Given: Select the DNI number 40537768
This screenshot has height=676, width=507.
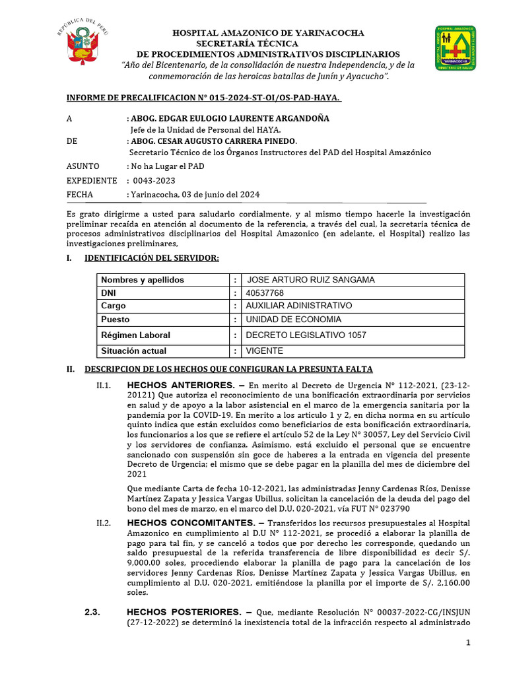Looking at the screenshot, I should tap(264, 292).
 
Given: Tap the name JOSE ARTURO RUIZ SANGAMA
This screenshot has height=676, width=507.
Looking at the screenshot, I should tap(310, 280).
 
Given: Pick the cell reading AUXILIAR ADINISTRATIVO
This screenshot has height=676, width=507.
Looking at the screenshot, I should tap(298, 306).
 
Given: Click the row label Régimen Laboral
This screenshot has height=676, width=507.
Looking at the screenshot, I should tap(135, 335).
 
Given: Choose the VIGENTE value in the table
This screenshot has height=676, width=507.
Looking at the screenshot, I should tap(265, 351).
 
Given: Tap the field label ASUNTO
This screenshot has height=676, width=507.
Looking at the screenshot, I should tap(83, 166).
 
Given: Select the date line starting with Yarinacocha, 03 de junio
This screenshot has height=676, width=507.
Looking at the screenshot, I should tap(194, 194).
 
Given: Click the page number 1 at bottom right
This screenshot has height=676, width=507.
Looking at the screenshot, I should tap(468, 643).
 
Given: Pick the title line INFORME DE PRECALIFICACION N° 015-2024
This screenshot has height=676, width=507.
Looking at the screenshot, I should tap(203, 98).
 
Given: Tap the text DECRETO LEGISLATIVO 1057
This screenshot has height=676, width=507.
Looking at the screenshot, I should tap(306, 335).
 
